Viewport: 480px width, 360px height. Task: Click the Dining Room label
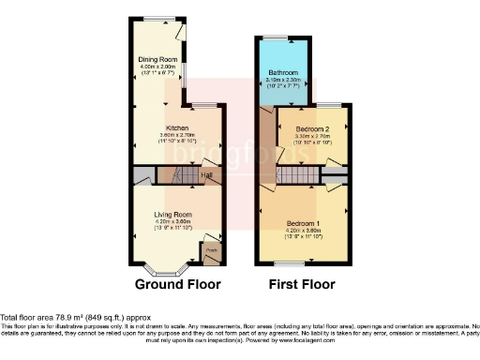coord(158,60)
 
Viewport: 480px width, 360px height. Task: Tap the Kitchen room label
coord(178,127)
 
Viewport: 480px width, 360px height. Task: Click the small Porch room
coord(212,251)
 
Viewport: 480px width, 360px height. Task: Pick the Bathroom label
coord(283,72)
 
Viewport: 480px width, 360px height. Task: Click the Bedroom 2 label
coord(312,128)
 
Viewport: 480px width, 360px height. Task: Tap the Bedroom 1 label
coord(304,222)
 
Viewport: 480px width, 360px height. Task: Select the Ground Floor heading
coord(178,284)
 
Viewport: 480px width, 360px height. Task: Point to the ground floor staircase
coord(169,175)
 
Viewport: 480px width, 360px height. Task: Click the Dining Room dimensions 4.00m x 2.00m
coord(158,67)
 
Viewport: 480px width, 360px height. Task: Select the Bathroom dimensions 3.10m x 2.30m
coord(283,80)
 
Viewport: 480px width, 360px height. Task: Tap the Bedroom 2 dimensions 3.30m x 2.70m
coord(312,136)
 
